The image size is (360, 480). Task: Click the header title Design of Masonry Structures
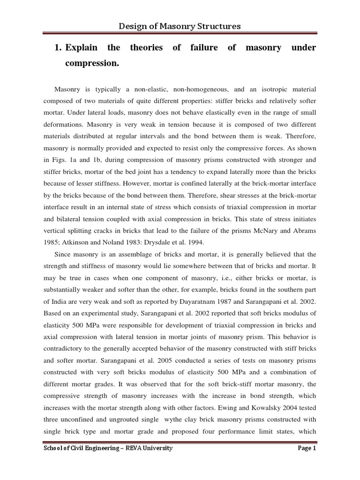click(180, 26)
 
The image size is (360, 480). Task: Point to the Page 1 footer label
click(307, 448)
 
